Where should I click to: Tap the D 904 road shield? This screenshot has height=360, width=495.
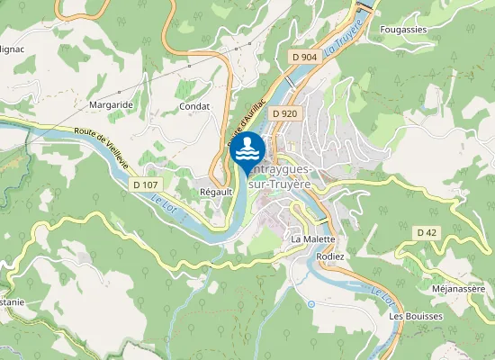pos(305,57)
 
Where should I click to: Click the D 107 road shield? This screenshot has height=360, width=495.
pos(145,184)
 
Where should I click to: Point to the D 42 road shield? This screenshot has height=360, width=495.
pos(427,232)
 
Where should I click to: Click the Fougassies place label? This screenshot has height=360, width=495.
pos(403,29)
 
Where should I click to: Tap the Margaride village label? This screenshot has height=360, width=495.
pos(111,105)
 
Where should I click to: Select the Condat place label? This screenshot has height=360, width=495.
pos(194,105)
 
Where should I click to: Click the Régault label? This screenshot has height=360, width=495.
pos(216,192)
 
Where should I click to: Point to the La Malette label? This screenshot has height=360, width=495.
pos(312,239)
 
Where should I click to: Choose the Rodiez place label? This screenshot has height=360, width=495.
pos(330,256)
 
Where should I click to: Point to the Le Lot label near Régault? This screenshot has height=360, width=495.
pos(171,209)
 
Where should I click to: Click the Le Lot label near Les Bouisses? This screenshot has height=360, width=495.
pos(382,293)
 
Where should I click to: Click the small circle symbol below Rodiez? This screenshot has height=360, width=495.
pos(311,303)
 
